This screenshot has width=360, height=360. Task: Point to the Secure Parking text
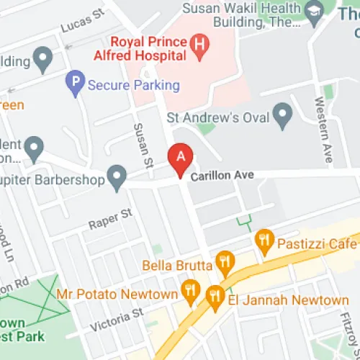[x=133, y=85]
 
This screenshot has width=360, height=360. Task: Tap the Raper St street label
[x=111, y=219]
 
